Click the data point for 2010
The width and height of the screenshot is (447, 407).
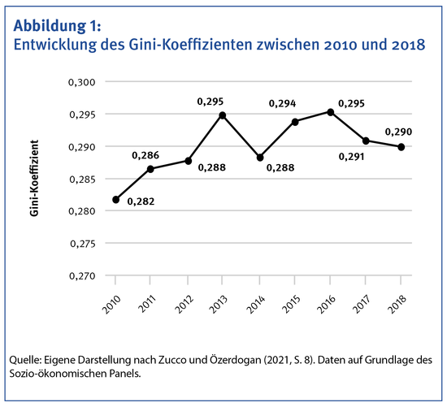click(116, 199)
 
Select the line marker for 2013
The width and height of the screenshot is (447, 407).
click(223, 115)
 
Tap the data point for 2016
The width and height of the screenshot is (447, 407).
click(329, 112)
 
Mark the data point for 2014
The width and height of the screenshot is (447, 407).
click(258, 158)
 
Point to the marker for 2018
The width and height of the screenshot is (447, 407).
click(401, 147)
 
